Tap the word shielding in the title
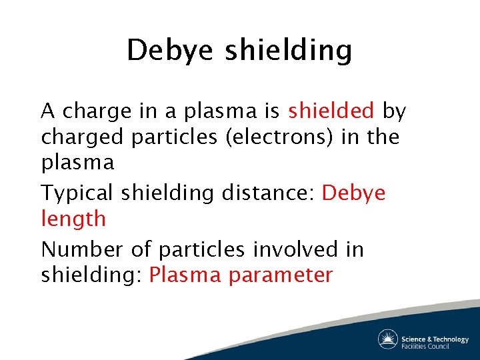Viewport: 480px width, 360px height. pyautogui.click(x=288, y=51)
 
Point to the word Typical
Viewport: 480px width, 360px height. pyautogui.click(x=77, y=193)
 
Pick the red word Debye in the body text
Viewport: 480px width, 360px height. pyautogui.click(x=353, y=193)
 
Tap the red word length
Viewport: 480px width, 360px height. pyautogui.click(x=73, y=218)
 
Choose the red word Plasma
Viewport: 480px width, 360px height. pyautogui.click(x=185, y=275)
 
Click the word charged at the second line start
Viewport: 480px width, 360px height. pyautogui.click(x=83, y=137)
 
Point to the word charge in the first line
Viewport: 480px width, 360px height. pyautogui.click(x=97, y=111)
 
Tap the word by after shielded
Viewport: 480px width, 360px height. pyautogui.click(x=395, y=111)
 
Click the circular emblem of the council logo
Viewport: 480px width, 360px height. pyautogui.click(x=388, y=339)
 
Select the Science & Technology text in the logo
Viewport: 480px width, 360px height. pyautogui.click(x=435, y=339)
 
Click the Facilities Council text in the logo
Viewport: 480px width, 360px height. pyautogui.click(x=425, y=346)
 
